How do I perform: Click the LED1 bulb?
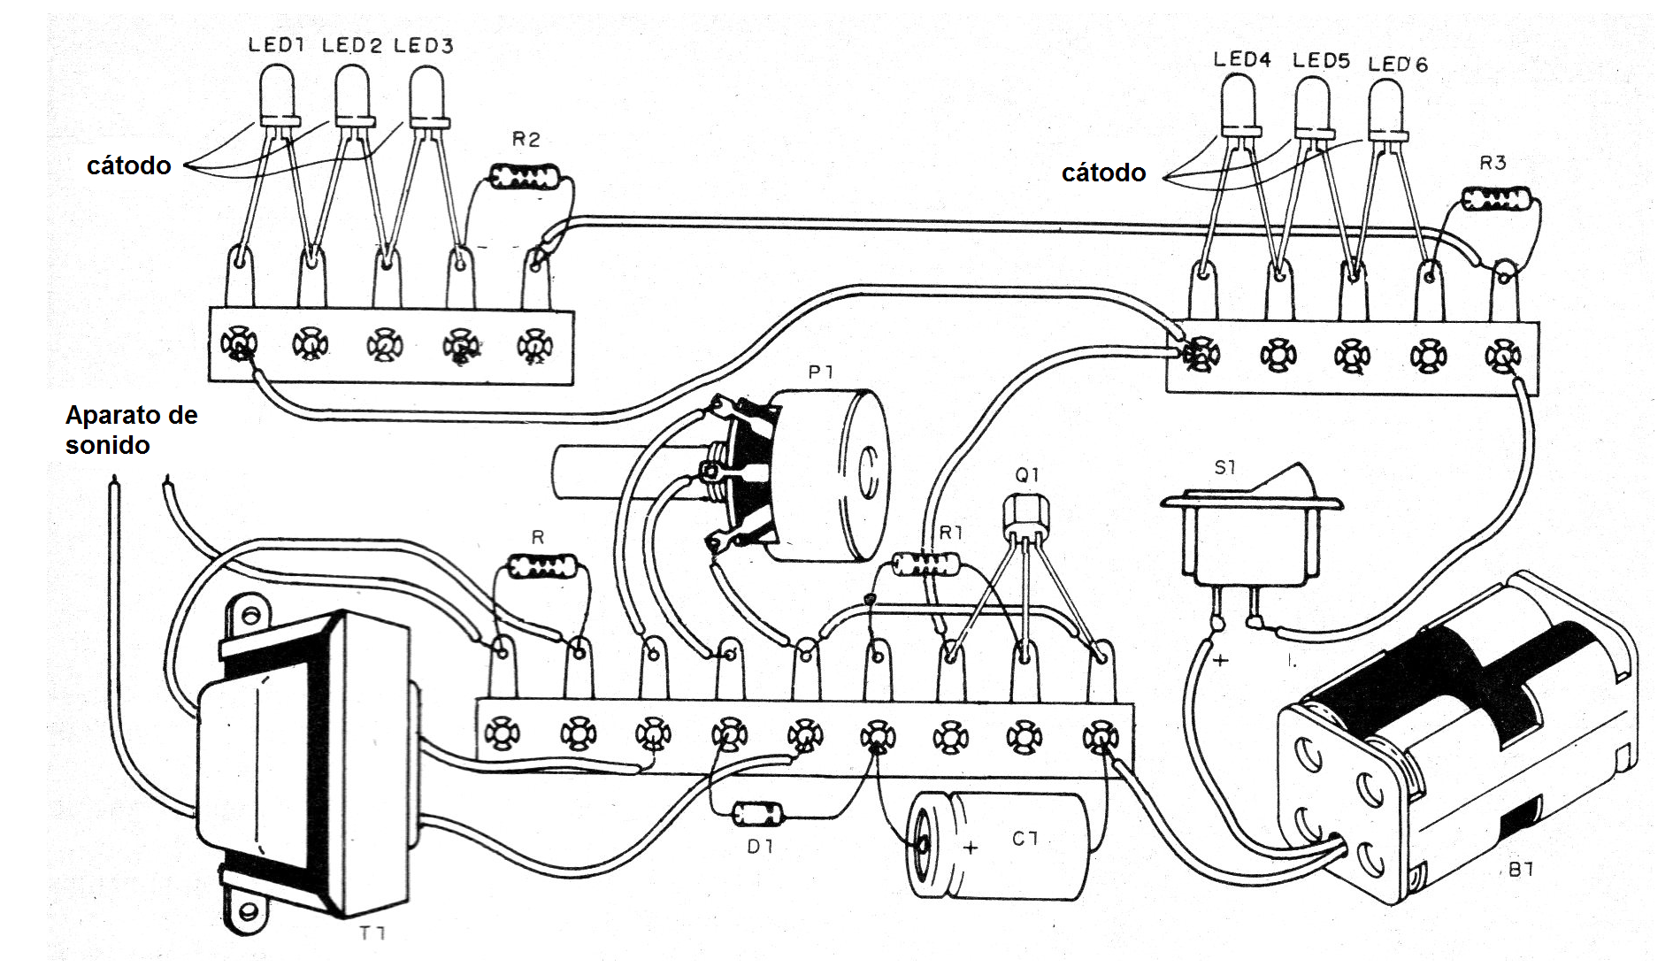click(x=277, y=94)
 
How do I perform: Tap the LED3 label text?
click(x=423, y=46)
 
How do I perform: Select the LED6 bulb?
click(x=1385, y=108)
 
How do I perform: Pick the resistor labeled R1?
click(x=925, y=564)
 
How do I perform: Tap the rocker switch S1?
click(x=1250, y=531)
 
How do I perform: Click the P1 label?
click(x=820, y=372)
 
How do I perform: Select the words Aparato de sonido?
click(x=131, y=430)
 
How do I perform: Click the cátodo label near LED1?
click(x=128, y=165)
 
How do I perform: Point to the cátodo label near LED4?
click(x=1103, y=173)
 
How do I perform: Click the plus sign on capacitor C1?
click(x=971, y=848)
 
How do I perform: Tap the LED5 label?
click(x=1320, y=61)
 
